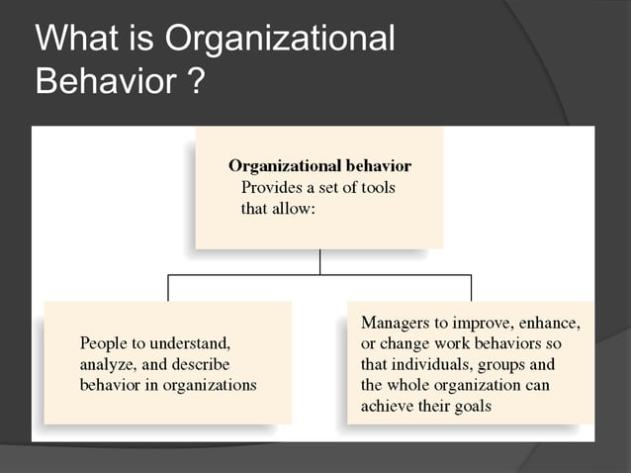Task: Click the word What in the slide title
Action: click(75, 39)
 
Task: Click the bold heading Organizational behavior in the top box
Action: click(319, 165)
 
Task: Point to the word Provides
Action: click(270, 187)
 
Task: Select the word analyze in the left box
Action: click(105, 364)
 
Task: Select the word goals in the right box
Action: click(471, 406)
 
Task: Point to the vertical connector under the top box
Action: click(319, 261)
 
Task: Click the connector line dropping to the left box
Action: click(168, 287)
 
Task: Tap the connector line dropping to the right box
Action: click(471, 287)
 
